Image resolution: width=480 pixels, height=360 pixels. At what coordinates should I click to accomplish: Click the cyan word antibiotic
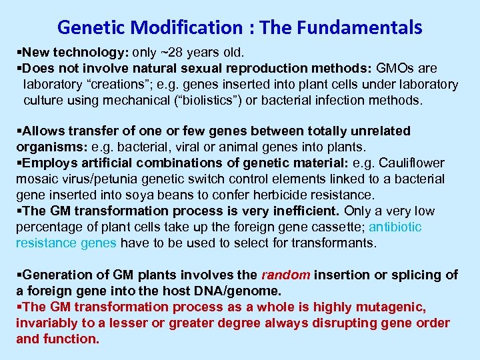pos(395,227)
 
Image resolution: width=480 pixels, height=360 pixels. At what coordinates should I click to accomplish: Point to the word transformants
pos(338,243)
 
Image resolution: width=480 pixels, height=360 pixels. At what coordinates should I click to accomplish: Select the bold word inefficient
pos(306,211)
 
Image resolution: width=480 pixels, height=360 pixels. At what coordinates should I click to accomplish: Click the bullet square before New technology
pos(19,52)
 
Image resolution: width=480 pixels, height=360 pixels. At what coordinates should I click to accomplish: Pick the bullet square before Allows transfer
pos(19,131)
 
